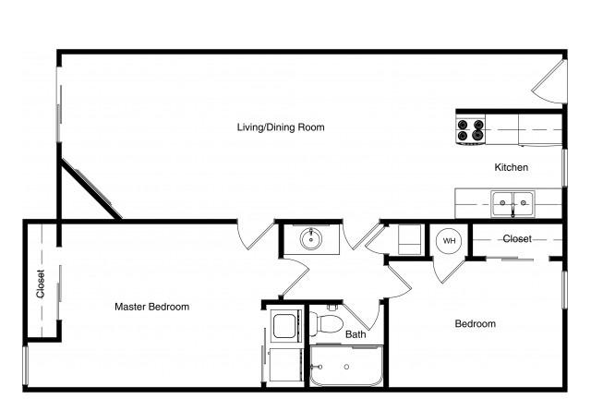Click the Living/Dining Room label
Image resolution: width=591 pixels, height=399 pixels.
(x=281, y=127)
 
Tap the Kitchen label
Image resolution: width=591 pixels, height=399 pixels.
(x=511, y=167)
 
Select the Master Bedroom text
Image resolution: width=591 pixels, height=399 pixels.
(x=151, y=307)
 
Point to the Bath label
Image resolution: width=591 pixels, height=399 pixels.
(x=356, y=334)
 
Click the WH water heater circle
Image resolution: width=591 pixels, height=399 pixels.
(x=449, y=241)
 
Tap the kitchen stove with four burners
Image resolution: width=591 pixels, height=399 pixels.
(x=470, y=130)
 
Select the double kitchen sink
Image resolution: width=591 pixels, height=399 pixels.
(x=513, y=203)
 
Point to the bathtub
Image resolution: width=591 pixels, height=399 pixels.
(x=346, y=366)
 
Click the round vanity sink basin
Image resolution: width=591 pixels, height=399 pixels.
(x=311, y=239)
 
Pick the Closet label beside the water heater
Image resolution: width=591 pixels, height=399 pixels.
(x=517, y=238)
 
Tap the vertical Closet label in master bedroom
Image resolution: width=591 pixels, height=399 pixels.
(x=41, y=284)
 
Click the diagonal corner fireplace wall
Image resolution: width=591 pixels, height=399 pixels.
(x=90, y=188)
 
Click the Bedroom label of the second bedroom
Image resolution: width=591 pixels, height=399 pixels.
(x=475, y=323)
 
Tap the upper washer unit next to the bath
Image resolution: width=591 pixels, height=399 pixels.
(x=285, y=326)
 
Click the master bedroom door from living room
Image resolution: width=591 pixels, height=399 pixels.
(x=255, y=236)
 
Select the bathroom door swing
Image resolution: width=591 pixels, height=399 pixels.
(x=361, y=316)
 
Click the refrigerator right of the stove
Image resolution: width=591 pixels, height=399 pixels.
(x=540, y=129)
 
